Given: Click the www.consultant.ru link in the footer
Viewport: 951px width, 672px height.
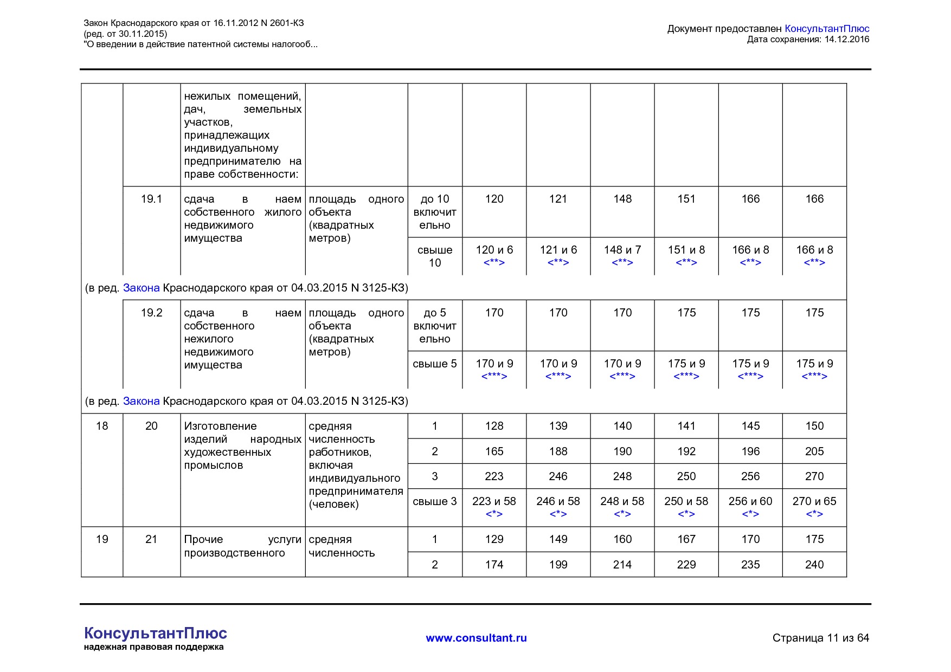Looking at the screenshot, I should (476, 638).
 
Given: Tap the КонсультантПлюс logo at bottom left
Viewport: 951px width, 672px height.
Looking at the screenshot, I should (155, 634).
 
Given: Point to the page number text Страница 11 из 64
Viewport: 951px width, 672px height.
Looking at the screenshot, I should (820, 638).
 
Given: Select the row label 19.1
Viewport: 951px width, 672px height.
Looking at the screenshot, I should (151, 199).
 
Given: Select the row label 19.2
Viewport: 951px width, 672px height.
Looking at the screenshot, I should (151, 313).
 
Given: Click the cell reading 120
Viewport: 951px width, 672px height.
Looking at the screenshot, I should (494, 199).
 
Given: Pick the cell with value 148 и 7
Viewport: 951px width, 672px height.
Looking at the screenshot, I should (622, 250).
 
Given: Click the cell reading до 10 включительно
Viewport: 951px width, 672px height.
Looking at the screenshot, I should (434, 212).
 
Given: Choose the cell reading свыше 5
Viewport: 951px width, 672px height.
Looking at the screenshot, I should (434, 364).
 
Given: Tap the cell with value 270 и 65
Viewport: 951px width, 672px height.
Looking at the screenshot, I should (814, 501).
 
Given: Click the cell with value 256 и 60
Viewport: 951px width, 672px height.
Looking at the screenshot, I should (750, 501).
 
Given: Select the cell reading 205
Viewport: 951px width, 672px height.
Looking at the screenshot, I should (814, 451).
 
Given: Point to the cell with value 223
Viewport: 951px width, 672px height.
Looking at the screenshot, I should (494, 476).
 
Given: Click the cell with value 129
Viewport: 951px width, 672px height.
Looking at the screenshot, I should (494, 539).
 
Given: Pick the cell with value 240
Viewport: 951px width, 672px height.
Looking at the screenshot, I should (814, 565).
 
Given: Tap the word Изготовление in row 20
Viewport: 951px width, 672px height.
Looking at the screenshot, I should (220, 427).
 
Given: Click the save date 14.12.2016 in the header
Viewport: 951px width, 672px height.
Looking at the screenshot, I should (846, 39).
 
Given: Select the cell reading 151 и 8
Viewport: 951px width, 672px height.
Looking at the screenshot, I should (686, 250).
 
